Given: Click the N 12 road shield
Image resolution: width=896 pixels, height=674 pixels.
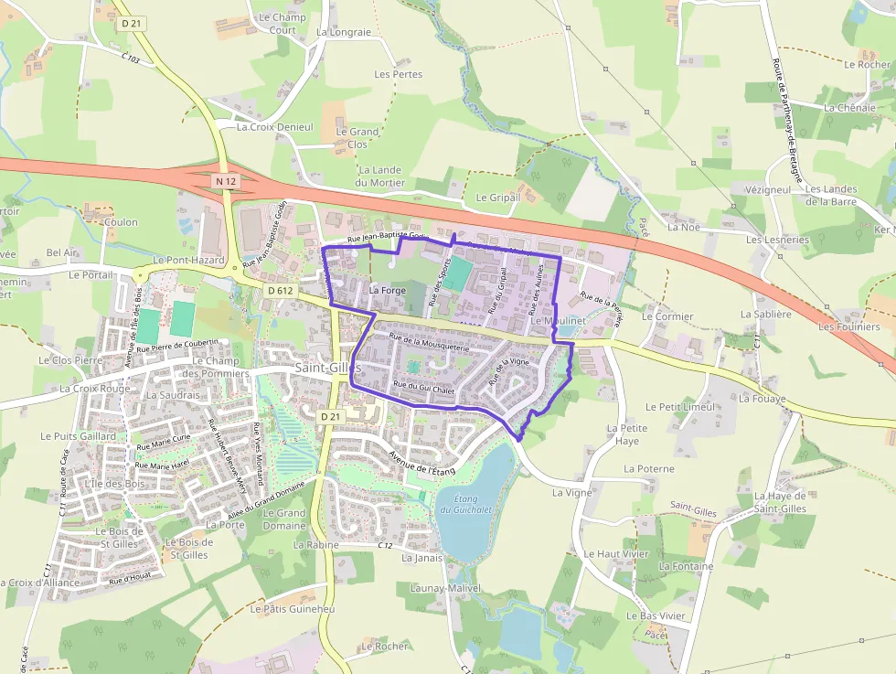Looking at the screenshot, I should tap(226, 181).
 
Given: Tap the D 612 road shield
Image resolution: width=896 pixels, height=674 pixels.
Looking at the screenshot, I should tap(280, 290).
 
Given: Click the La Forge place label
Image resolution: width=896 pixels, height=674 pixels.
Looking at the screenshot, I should tap(387, 290).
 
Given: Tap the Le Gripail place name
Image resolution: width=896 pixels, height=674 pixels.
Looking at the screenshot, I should tap(497, 197).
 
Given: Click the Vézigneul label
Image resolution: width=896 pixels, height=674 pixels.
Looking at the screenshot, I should tap(767, 189).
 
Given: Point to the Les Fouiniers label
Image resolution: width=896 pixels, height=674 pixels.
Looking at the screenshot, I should tap(848, 326).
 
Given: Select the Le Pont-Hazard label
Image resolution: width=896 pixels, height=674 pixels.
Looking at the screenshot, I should tap(188, 261).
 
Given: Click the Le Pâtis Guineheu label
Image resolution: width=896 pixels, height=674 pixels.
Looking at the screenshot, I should tap(293, 609).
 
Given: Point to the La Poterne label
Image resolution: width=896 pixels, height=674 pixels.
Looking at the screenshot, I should tap(648, 468).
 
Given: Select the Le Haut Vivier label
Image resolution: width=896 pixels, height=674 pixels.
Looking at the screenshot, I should tap(615, 554).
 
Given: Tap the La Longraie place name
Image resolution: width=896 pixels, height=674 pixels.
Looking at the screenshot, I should tap(344, 32).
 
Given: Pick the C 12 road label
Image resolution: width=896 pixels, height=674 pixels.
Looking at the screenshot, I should tap(385, 545).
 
